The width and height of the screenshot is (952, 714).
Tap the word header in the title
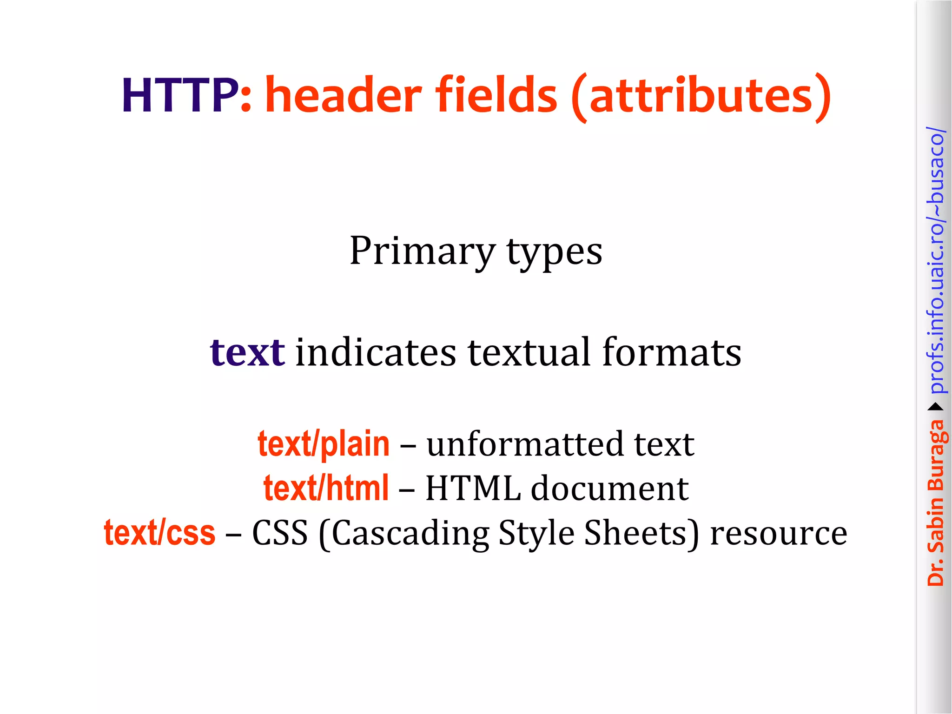pyautogui.click(x=343, y=95)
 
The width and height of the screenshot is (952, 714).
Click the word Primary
pyautogui.click(x=422, y=251)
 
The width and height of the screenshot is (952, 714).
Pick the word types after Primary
pyautogui.click(x=554, y=251)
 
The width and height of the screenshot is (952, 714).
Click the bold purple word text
pyautogui.click(x=247, y=352)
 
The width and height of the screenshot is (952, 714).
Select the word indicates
pyautogui.click(x=376, y=352)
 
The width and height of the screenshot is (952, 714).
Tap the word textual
pyautogui.click(x=529, y=352)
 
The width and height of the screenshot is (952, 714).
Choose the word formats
pyautogui.click(x=671, y=352)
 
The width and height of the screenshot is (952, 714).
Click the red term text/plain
pyautogui.click(x=324, y=444)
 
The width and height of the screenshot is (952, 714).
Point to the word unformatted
pyautogui.click(x=525, y=444)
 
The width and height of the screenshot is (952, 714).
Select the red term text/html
pyautogui.click(x=326, y=488)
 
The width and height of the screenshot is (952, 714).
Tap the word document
pyautogui.click(x=609, y=488)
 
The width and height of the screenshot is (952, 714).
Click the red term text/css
pyautogui.click(x=159, y=533)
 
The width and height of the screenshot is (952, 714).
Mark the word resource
pyautogui.click(x=779, y=533)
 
